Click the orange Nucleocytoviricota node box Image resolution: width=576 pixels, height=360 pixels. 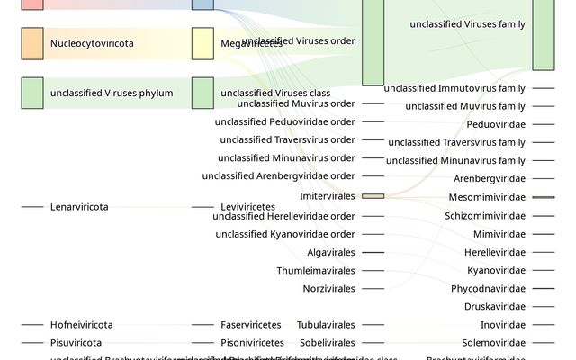point(31,43)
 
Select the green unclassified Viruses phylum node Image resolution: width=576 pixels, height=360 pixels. point(31,93)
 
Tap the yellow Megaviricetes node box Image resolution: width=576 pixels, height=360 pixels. point(202,43)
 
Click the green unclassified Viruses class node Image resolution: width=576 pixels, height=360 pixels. point(202,93)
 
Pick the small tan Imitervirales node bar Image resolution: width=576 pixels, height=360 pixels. point(373,196)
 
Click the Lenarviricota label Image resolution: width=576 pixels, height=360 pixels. point(79,207)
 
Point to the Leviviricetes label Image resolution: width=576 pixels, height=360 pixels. point(247,207)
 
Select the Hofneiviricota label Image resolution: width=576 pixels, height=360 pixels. point(81,325)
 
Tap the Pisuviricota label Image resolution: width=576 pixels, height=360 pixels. point(76,343)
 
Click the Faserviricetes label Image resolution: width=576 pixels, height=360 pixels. point(250,325)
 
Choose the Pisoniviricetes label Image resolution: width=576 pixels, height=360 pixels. point(252,343)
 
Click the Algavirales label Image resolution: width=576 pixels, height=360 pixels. point(330,253)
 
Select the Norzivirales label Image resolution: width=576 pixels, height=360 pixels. point(328,289)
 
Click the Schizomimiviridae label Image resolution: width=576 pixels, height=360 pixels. point(484,216)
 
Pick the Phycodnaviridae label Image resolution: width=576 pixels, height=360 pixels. point(488,289)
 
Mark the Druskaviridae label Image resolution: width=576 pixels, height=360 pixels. point(494,307)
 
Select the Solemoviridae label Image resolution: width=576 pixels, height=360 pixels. point(493,343)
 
